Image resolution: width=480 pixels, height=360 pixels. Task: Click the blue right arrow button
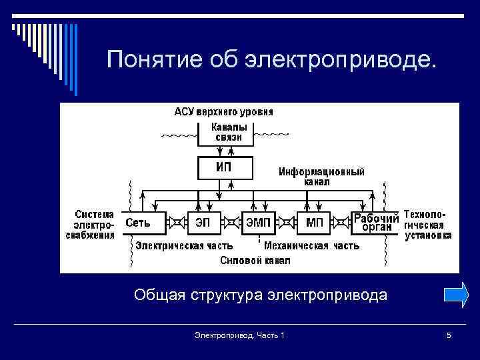456,295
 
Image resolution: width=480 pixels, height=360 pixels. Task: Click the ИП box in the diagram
224,167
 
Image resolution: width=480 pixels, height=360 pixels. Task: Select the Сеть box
143,222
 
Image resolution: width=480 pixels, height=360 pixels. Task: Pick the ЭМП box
259,222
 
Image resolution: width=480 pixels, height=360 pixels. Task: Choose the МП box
315,222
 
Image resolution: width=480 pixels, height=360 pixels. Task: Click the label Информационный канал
321,177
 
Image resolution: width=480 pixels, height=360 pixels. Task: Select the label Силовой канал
255,261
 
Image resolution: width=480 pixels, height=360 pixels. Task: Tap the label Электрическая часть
185,245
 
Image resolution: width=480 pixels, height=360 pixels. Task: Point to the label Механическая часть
311,245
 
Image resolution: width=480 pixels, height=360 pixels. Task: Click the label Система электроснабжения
91,225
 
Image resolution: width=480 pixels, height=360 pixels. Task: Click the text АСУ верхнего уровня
223,111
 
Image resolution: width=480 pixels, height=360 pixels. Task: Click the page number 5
449,335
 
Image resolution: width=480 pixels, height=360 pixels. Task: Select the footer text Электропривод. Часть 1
239,335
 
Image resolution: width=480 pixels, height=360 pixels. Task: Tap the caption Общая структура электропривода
260,295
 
